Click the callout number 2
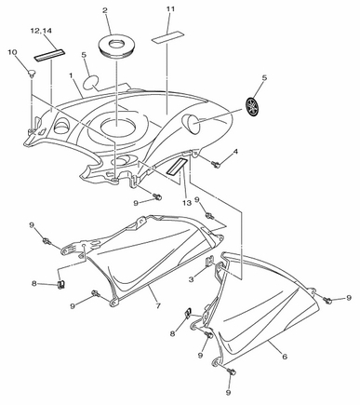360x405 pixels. click(x=105, y=10)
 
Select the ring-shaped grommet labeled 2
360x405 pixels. click(x=117, y=46)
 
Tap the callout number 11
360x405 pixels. click(x=170, y=9)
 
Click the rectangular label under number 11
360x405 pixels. click(x=167, y=37)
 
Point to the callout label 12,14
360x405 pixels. click(x=41, y=31)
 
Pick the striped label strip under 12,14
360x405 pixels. click(x=49, y=55)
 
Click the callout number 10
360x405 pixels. click(x=12, y=52)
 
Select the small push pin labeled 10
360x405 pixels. click(x=32, y=74)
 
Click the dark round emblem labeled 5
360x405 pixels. click(x=252, y=106)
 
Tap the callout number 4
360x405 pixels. click(x=236, y=152)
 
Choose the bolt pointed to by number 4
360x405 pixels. click(x=216, y=164)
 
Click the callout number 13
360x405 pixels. click(x=187, y=203)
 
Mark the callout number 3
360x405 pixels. click(x=192, y=279)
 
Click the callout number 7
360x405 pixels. click(x=158, y=306)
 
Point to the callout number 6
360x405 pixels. click(x=285, y=357)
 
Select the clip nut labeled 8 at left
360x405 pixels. click(x=61, y=284)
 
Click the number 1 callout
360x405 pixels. click(x=71, y=75)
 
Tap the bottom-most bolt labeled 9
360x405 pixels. click(x=232, y=371)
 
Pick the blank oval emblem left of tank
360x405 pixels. click(x=90, y=83)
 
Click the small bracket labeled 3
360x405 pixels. click(x=210, y=260)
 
